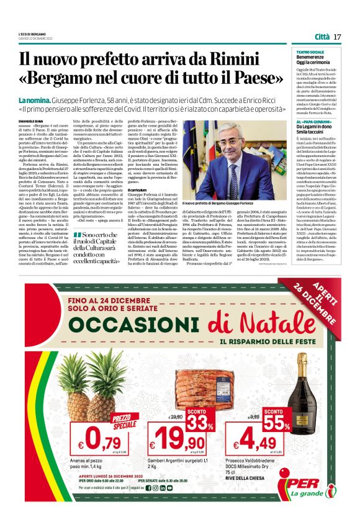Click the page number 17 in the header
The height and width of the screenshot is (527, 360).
click(337, 37)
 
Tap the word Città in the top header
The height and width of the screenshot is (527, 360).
click(322, 37)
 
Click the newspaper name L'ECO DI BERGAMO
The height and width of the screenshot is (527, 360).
click(31, 33)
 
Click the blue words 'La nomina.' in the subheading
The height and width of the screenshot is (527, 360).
click(30, 99)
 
